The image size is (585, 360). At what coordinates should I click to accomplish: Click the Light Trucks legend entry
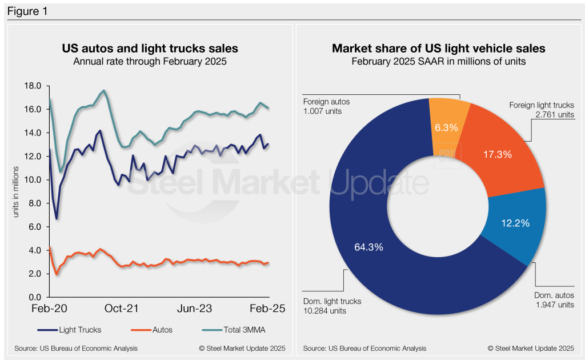(x=61, y=330)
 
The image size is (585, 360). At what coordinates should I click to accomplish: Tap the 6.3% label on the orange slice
(x=446, y=127)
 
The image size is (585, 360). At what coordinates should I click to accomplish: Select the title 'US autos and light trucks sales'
(x=150, y=49)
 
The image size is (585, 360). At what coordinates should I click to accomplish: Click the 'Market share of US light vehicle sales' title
(x=438, y=49)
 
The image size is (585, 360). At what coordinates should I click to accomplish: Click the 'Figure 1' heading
(x=27, y=11)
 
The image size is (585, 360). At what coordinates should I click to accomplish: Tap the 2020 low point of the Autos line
(x=57, y=274)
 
